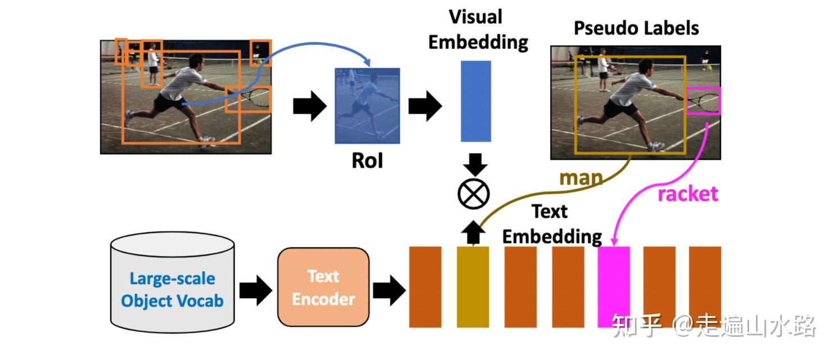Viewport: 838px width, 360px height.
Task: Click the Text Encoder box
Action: pos(323,287)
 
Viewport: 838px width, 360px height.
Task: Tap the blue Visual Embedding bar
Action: pos(476,101)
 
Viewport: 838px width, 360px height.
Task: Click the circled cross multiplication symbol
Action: pos(473,194)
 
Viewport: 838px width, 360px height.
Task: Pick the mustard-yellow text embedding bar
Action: pos(472,287)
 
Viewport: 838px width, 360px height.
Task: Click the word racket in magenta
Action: pos(688,193)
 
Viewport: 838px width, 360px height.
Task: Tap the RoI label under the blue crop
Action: pos(367,161)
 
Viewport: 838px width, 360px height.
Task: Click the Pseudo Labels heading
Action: pos(636,28)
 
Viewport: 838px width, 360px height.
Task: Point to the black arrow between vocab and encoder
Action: pos(256,290)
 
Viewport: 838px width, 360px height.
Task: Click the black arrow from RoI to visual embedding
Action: pos(425,106)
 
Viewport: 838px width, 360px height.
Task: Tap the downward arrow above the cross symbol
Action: pos(473,164)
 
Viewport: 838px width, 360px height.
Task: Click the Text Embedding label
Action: pos(551,223)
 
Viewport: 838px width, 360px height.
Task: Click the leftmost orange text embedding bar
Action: pos(425,287)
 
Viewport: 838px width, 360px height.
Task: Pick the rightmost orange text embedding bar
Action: pos(705,287)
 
